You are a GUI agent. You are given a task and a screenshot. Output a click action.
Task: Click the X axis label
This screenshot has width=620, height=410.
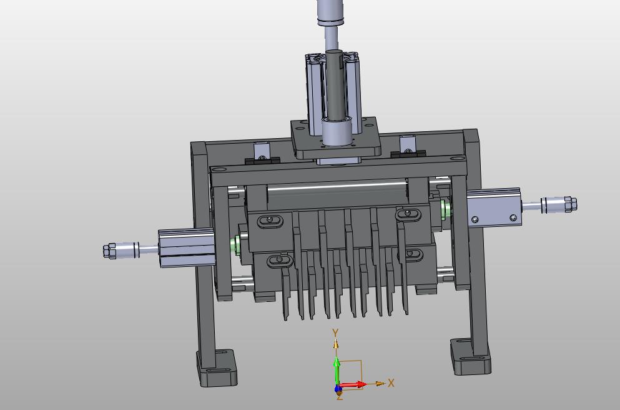coord(391,382)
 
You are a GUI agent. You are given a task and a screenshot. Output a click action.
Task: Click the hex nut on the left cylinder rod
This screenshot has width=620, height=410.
coord(109,251)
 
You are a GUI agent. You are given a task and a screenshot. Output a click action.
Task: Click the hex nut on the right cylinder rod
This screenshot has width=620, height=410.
coord(571,204)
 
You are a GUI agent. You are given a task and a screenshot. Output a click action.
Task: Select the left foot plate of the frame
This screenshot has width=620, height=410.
coord(217,367)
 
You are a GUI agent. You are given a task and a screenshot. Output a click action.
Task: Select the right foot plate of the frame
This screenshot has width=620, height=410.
coord(471,356)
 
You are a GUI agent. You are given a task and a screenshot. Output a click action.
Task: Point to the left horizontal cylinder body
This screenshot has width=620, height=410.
coord(187,248)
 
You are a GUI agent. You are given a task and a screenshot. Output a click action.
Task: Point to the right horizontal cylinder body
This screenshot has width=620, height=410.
coord(494,207)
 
